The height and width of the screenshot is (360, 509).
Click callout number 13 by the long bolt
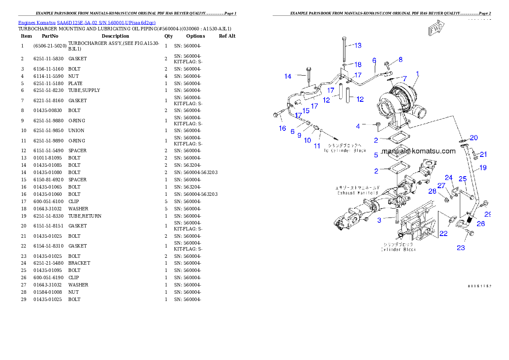(358, 45)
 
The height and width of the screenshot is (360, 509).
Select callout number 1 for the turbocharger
(418, 74)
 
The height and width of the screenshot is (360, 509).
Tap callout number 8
(400, 59)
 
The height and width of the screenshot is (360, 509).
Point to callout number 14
(288, 77)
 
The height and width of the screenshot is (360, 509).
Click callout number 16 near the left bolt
(282, 128)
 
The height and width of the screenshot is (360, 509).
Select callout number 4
(358, 126)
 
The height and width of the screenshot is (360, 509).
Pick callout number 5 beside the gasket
(376, 155)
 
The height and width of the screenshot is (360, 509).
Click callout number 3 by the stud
(379, 221)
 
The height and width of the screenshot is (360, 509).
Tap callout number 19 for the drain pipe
(482, 168)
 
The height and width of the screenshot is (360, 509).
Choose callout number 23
(461, 248)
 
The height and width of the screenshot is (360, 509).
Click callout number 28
(432, 191)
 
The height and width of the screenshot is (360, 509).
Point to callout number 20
(473, 138)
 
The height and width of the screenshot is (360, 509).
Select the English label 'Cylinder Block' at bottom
(398, 249)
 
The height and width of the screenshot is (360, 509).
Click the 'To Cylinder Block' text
(344, 150)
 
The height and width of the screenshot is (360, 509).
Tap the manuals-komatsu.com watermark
(419, 151)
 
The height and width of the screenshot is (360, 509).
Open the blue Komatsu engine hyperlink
(87, 22)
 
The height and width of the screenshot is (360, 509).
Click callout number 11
(317, 146)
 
